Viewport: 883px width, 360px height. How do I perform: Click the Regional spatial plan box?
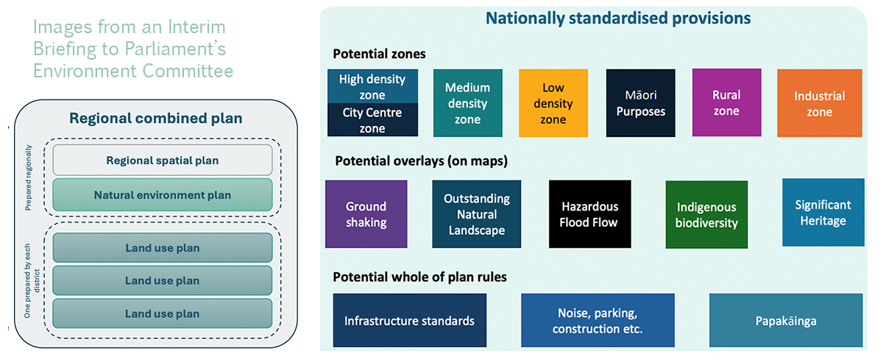point(162,160)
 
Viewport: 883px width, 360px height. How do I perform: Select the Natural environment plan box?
point(162,195)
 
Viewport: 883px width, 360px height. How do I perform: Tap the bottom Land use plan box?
point(162,314)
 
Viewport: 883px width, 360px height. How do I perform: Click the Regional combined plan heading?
point(155,118)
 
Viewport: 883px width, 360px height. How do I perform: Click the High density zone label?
point(372,86)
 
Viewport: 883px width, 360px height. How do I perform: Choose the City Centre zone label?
point(372,120)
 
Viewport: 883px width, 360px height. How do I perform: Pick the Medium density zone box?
point(467,103)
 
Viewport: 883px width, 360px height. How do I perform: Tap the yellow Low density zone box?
point(553,103)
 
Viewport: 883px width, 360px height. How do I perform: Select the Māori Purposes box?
point(640,103)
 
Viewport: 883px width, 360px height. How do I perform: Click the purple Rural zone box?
point(726,103)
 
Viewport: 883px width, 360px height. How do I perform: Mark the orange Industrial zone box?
point(819,104)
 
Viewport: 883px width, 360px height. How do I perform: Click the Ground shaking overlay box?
point(366,214)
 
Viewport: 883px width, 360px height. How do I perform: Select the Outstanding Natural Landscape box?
point(476,214)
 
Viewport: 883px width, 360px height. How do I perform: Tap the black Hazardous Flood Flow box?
point(589,214)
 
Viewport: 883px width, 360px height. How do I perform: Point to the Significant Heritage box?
point(822,212)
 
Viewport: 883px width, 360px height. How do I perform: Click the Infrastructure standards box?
point(409,321)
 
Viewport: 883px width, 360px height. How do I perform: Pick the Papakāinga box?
point(786,321)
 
